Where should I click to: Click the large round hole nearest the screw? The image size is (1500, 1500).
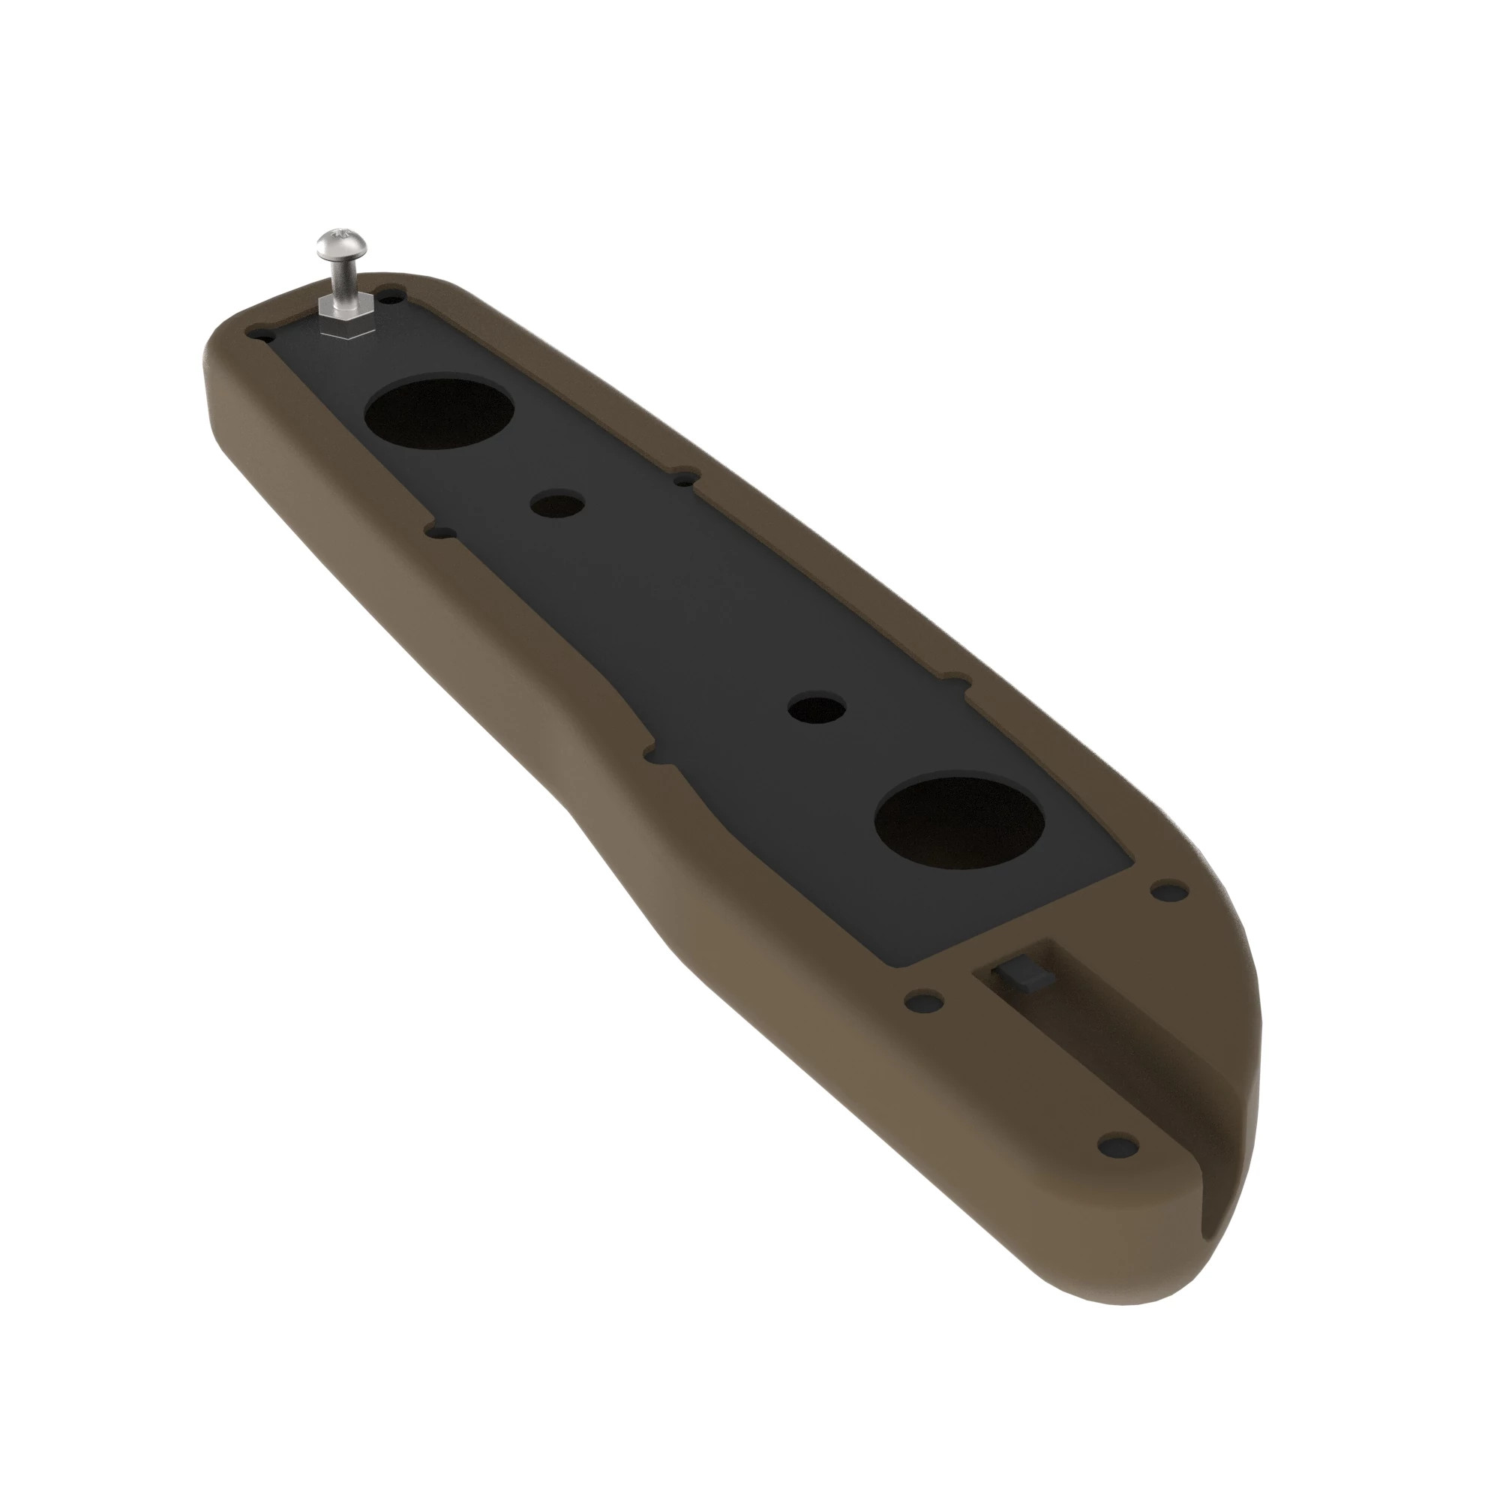(439, 412)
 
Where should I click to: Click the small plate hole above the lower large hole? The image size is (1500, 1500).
(816, 708)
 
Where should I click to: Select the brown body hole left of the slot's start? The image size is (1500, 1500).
(924, 1000)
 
